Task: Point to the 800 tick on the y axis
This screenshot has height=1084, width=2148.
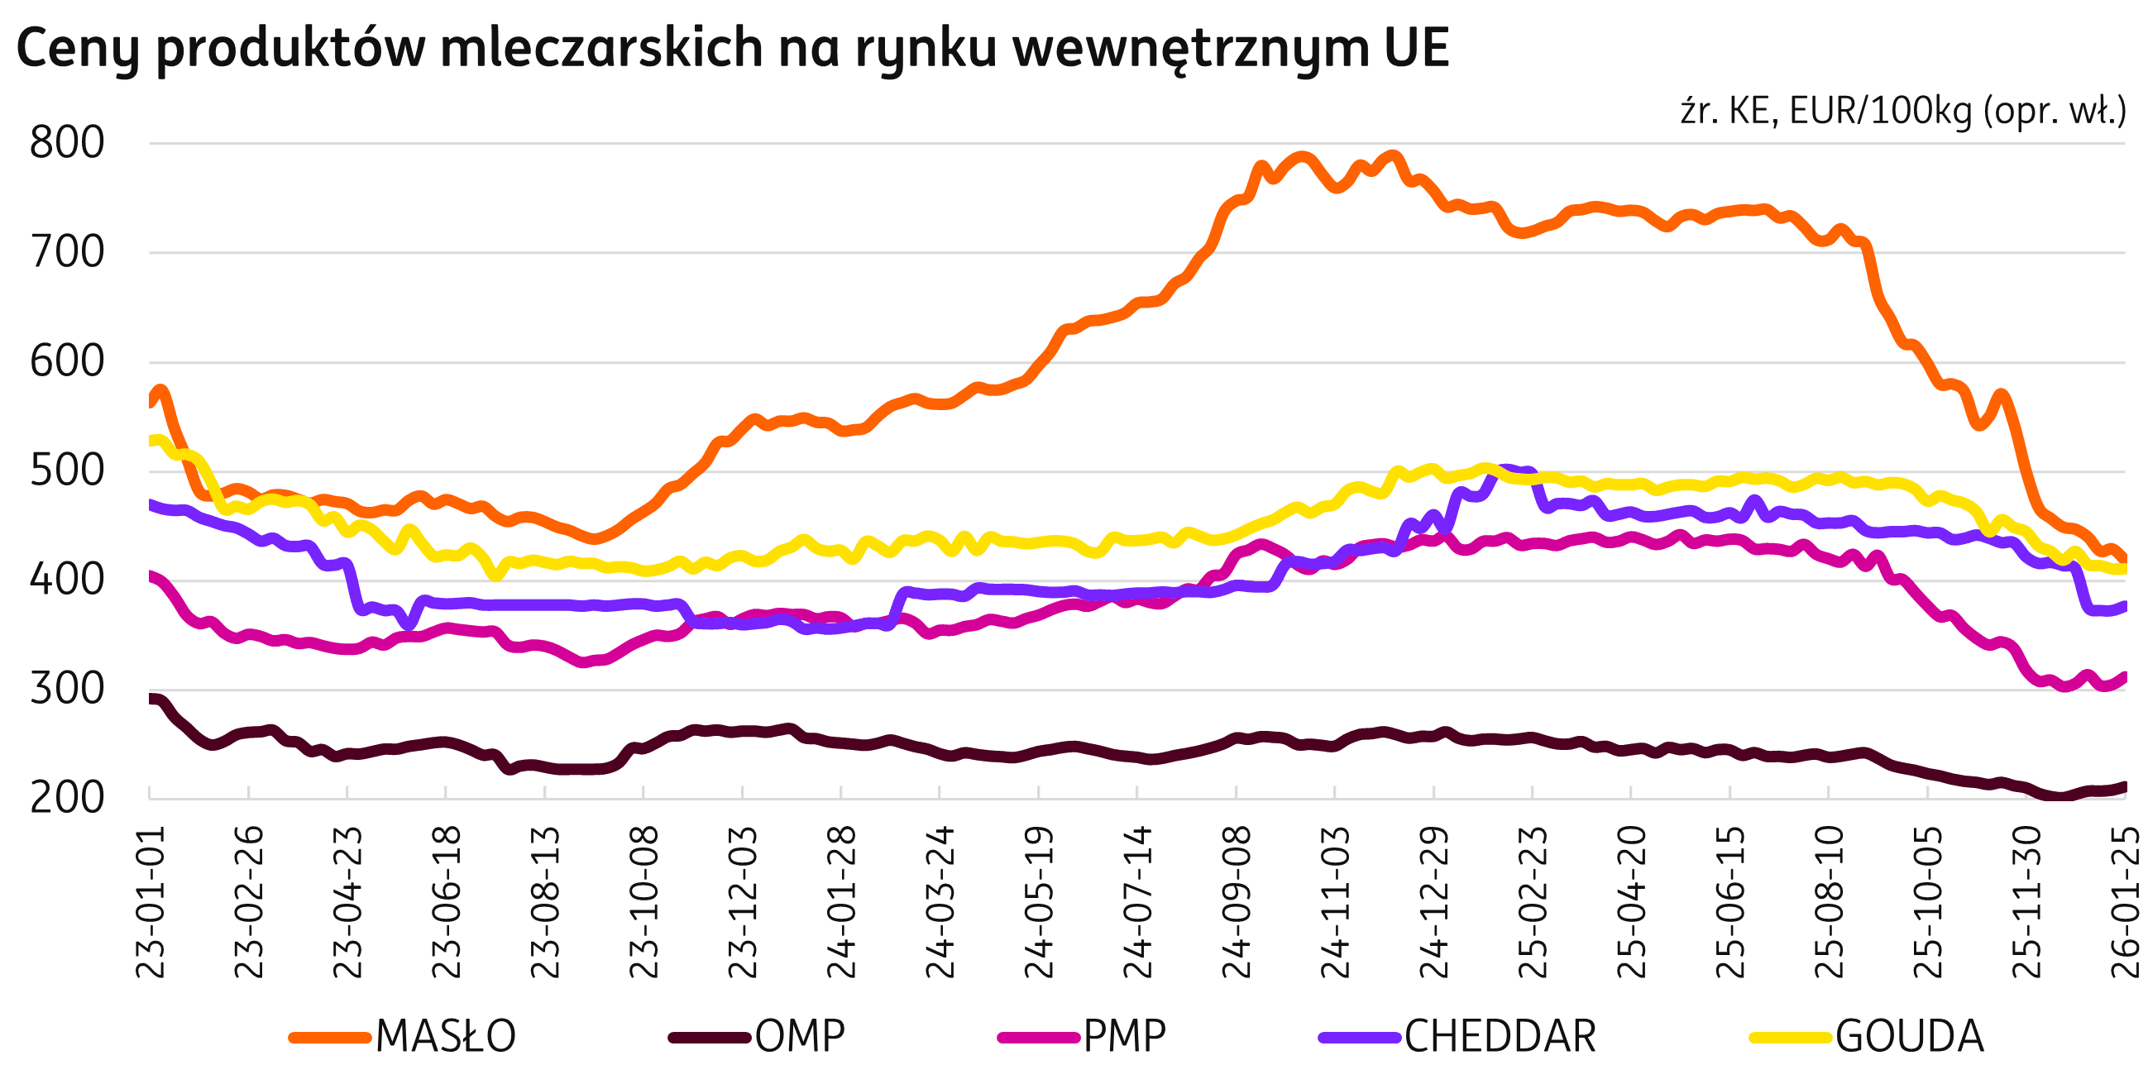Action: pyautogui.click(x=68, y=143)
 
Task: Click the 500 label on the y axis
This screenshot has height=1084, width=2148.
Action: pyautogui.click(x=68, y=472)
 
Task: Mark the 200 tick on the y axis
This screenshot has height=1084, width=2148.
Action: pyautogui.click(x=68, y=799)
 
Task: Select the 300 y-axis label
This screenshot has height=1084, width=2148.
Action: pyautogui.click(x=68, y=690)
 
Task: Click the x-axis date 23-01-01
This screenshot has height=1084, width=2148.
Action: pyautogui.click(x=151, y=902)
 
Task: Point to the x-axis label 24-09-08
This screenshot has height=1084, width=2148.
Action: pyautogui.click(x=1237, y=902)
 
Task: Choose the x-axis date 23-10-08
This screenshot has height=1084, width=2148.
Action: pyautogui.click(x=644, y=902)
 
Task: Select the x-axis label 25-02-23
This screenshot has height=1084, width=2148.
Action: pyautogui.click(x=1533, y=902)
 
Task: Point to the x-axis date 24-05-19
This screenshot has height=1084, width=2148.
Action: pyautogui.click(x=1040, y=902)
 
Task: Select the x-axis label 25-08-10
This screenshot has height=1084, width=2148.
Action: pyautogui.click(x=1830, y=902)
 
